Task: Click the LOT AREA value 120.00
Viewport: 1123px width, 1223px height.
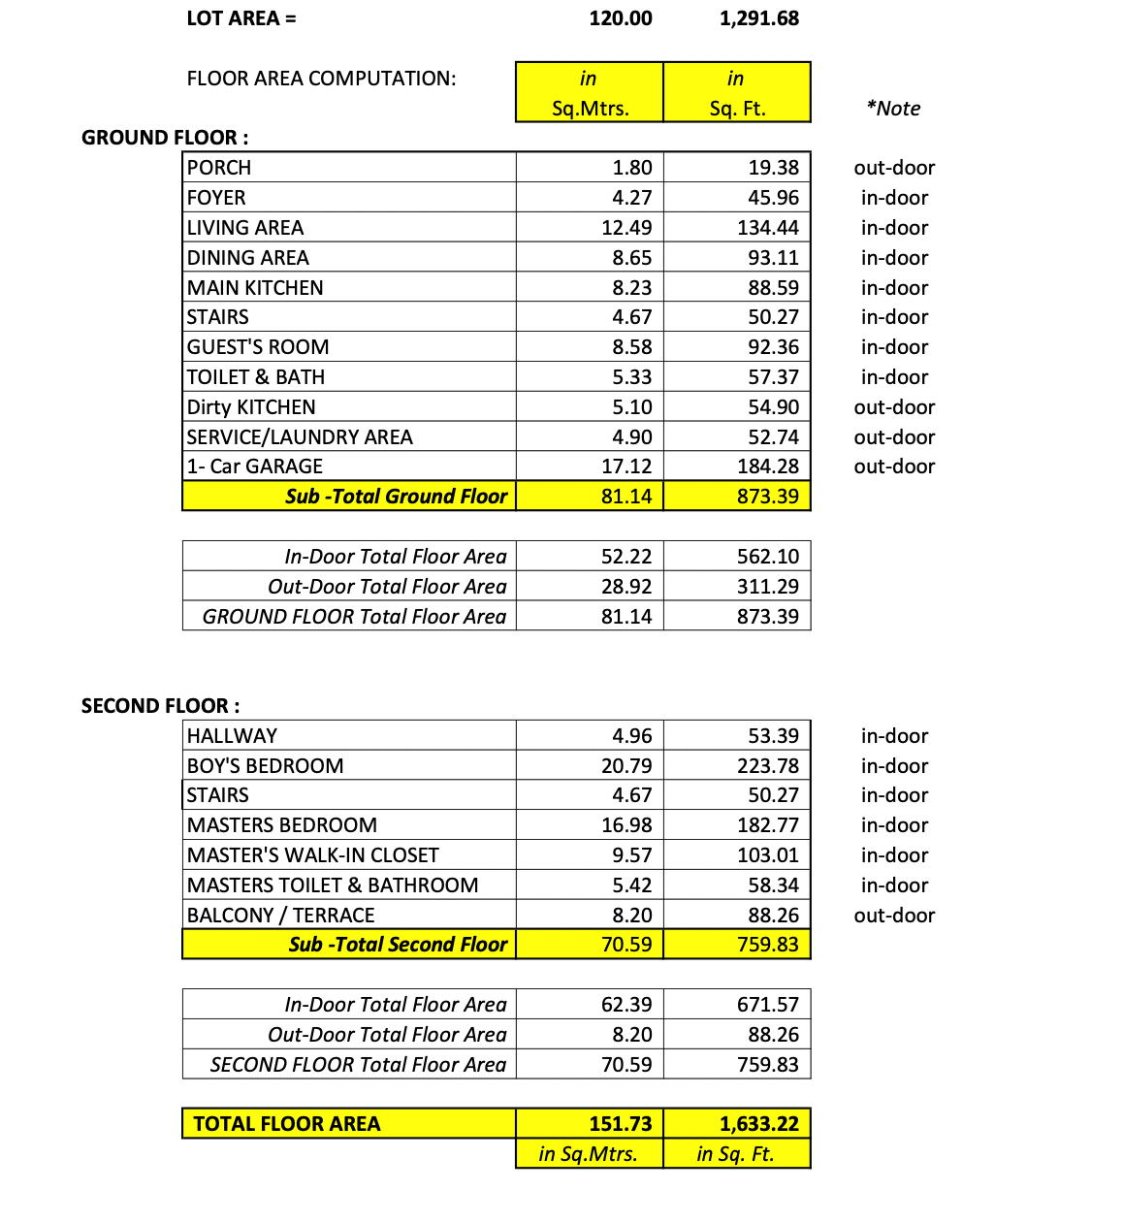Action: click(620, 18)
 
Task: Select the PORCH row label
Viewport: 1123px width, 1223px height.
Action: click(219, 168)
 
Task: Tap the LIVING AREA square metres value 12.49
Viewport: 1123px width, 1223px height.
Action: click(626, 228)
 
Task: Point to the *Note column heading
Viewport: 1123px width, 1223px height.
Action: click(893, 109)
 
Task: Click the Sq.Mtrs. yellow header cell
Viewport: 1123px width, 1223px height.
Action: click(590, 93)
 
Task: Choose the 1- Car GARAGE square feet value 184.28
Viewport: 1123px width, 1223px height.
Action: click(768, 467)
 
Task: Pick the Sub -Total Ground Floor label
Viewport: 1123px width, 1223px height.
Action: click(396, 497)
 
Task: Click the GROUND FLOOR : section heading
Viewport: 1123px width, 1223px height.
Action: click(165, 138)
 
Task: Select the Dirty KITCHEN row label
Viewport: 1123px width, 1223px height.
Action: click(251, 407)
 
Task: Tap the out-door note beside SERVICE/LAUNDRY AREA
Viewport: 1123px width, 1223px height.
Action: click(894, 437)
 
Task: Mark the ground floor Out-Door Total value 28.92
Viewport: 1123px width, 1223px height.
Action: click(626, 587)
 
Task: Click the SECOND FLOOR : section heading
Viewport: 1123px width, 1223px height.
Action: click(160, 706)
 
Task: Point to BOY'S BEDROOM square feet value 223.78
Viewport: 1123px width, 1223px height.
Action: click(768, 766)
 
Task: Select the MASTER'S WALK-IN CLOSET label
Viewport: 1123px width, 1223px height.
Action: click(313, 855)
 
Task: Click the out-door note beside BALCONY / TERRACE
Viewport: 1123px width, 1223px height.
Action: click(894, 916)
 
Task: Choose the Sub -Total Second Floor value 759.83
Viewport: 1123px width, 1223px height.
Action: click(768, 945)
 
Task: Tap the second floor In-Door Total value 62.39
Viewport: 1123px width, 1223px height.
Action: click(626, 1005)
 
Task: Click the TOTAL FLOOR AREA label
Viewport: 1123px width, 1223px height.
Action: click(287, 1124)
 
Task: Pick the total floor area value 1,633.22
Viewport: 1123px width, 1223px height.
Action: click(759, 1124)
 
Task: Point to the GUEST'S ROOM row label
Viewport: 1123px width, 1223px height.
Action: click(258, 347)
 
